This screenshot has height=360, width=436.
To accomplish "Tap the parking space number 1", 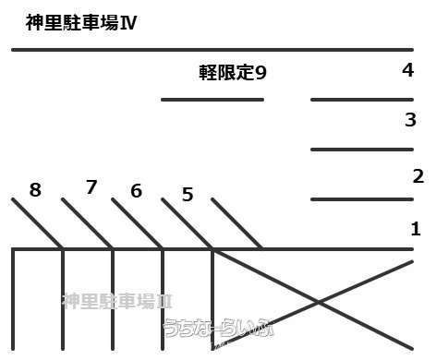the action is click(416, 229).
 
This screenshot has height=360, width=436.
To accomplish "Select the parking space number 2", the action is click(418, 175).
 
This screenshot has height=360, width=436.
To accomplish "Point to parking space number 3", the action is click(410, 120).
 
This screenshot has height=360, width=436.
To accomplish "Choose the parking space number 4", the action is click(407, 70).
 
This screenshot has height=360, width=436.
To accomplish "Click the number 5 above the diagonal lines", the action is click(188, 195).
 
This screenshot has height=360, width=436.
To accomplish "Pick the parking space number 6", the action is click(137, 191).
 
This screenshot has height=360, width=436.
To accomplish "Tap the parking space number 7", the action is click(91, 187).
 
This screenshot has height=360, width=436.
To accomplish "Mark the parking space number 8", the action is click(35, 190).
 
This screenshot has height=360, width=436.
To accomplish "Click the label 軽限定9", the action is click(233, 72).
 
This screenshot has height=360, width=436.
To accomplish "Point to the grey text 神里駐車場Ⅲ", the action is click(117, 301).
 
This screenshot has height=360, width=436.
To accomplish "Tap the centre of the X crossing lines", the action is click(319, 302).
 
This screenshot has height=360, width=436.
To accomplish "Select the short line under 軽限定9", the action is click(212, 99).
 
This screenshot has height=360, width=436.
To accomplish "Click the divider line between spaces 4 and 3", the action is click(361, 99).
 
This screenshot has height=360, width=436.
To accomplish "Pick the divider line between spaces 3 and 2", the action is click(361, 149).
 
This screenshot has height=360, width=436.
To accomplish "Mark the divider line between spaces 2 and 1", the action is click(361, 198).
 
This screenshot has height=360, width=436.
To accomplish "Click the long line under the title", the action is click(212, 49).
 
